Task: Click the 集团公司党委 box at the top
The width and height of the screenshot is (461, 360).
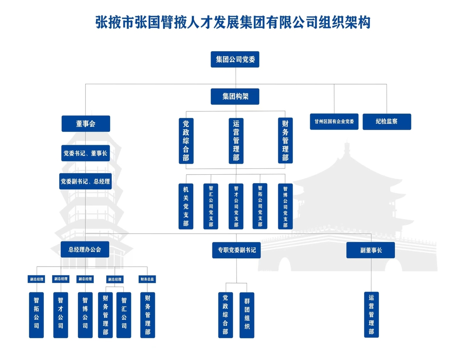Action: [x=235, y=59]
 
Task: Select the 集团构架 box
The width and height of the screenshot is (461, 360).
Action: [x=235, y=96]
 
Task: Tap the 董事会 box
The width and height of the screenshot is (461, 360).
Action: [x=86, y=124]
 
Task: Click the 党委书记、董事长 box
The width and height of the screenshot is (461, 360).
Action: [x=86, y=153]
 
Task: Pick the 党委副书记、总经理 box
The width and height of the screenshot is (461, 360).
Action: [x=86, y=181]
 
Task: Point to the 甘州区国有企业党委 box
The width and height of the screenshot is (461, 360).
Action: [x=334, y=122]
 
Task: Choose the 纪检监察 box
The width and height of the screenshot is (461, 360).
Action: [x=387, y=122]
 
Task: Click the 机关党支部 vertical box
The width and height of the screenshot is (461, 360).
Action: [x=186, y=206]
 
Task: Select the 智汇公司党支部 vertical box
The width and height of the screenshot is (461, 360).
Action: [x=211, y=206]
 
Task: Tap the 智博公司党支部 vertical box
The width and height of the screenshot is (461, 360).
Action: [x=285, y=206]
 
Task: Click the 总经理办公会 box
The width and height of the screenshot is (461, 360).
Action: [x=85, y=249]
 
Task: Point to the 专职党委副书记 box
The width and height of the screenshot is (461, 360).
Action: [x=236, y=250]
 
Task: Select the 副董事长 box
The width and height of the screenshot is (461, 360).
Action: [x=371, y=250]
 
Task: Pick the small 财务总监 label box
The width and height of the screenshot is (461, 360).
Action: [x=147, y=279]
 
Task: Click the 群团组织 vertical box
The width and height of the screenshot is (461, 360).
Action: [x=247, y=315]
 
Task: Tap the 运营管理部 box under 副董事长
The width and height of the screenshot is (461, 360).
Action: [x=371, y=315]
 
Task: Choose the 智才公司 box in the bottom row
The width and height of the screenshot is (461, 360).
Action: [x=60, y=315]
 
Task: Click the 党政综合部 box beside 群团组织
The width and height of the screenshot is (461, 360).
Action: [x=225, y=315]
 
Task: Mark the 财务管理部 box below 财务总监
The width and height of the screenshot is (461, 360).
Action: [x=147, y=315]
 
